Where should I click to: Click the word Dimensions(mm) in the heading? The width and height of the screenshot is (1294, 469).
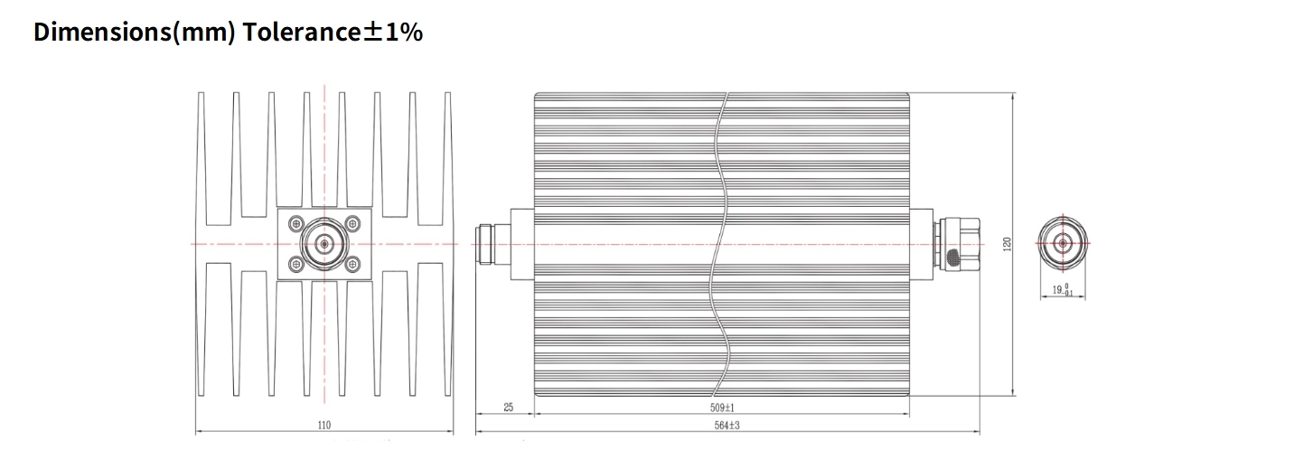click(135, 33)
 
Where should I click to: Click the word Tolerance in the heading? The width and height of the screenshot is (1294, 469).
click(302, 33)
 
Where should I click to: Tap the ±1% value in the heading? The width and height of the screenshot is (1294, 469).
click(393, 33)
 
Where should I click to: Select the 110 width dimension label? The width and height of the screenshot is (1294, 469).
click(324, 425)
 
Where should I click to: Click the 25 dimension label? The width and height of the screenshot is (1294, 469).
click(509, 408)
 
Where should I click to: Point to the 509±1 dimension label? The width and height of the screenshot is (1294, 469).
click(722, 408)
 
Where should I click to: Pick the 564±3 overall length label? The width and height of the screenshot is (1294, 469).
click(727, 426)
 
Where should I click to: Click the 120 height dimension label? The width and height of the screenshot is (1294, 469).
click(1008, 244)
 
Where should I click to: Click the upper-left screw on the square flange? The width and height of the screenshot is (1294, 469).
click(296, 223)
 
